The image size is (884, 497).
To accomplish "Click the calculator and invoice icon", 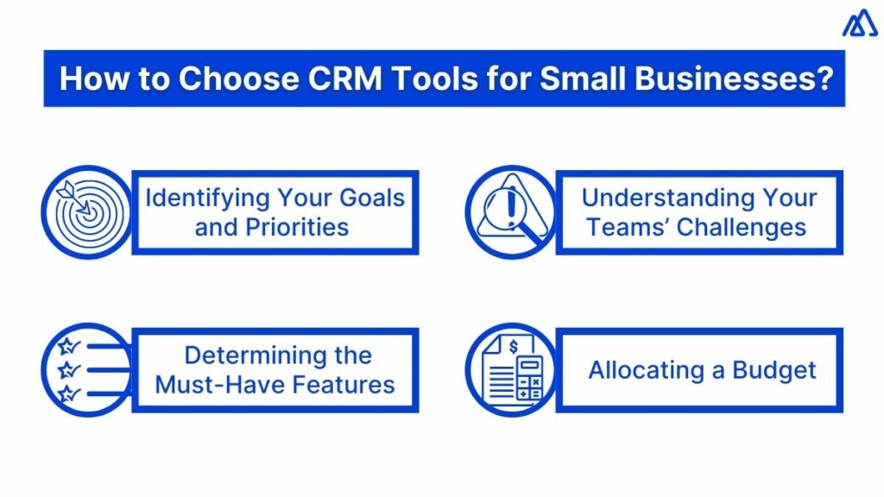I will [508, 370].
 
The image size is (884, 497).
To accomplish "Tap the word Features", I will [345, 384].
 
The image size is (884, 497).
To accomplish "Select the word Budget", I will [774, 370].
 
